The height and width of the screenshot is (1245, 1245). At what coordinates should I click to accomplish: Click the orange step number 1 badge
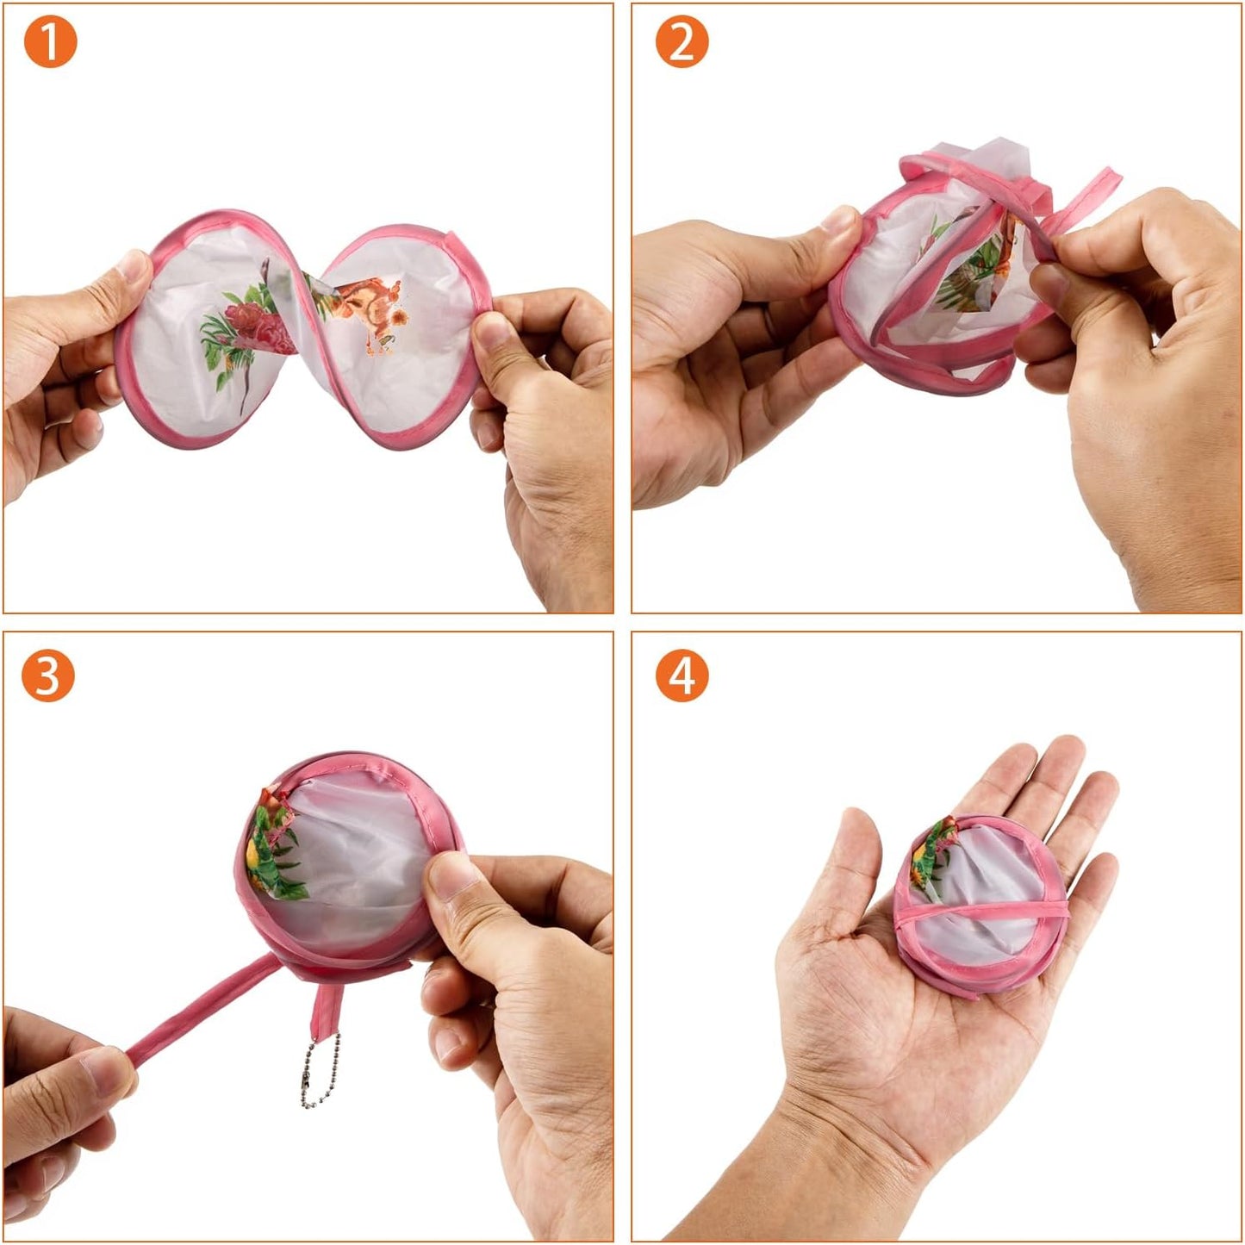click(50, 42)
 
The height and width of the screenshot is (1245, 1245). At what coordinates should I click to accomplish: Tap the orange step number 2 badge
click(682, 42)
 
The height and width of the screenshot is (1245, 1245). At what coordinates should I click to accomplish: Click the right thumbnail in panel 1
click(489, 332)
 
